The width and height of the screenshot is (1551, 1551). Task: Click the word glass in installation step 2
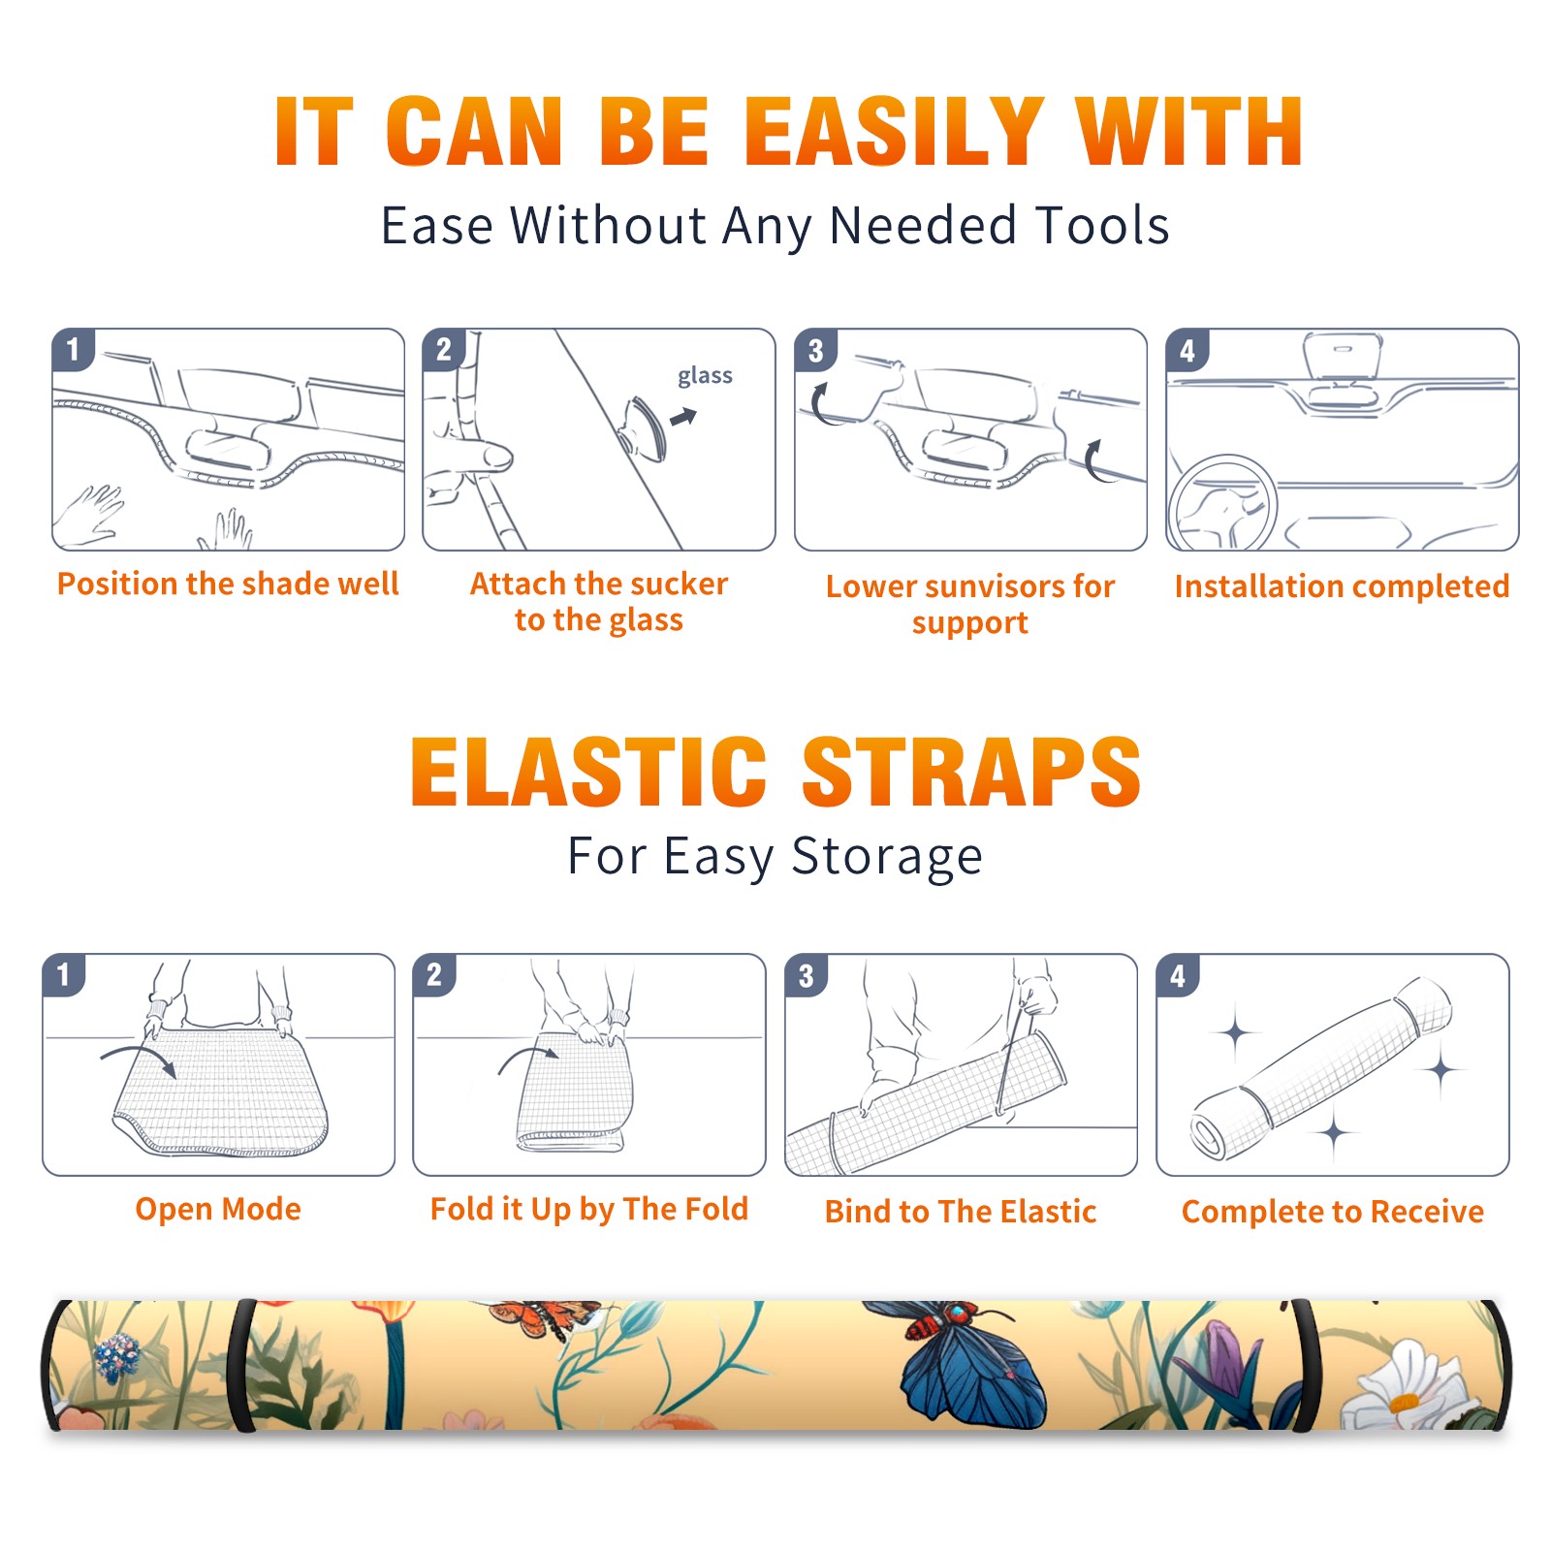click(x=705, y=376)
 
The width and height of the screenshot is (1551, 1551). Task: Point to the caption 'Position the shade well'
click(x=228, y=584)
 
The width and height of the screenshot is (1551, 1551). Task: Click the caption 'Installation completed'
click(x=1342, y=586)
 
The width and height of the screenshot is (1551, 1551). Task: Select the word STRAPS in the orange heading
click(x=971, y=772)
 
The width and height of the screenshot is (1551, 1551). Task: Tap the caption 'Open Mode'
click(x=218, y=1209)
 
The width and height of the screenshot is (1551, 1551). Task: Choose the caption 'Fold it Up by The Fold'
click(x=589, y=1210)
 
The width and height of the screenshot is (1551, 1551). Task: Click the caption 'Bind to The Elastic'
click(x=961, y=1212)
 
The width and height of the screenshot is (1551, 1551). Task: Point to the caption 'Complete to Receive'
click(x=1333, y=1212)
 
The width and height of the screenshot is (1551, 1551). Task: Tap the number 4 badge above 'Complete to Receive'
click(x=1178, y=976)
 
